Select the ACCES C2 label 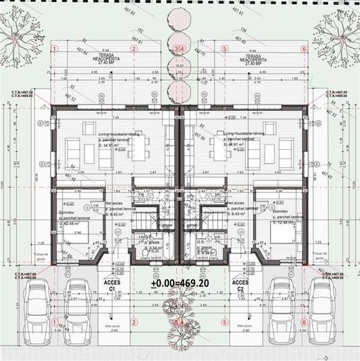coord(240,285)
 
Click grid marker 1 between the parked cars coord(55,322)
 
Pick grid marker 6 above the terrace coord(304,49)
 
